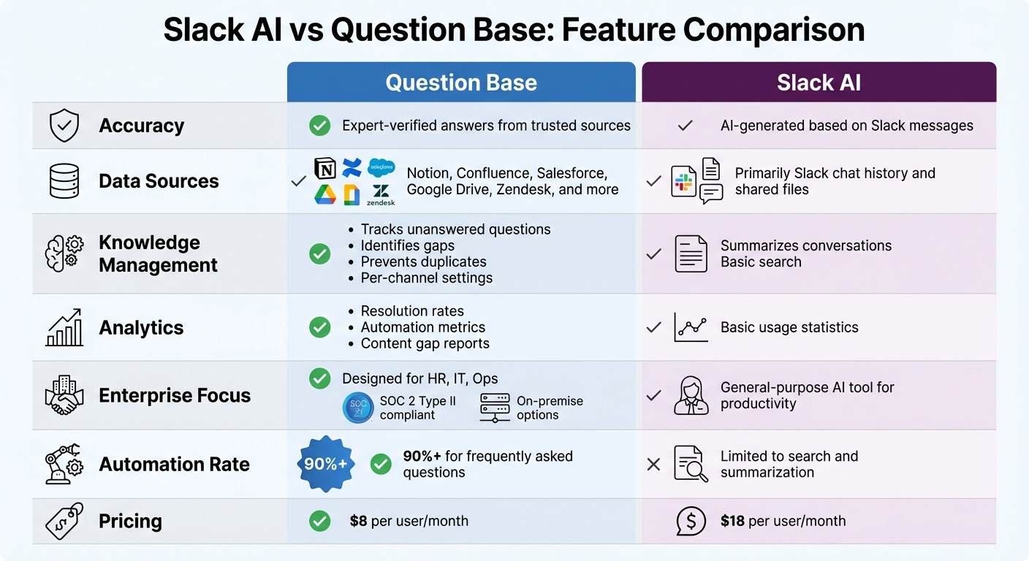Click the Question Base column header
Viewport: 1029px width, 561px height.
pyautogui.click(x=461, y=83)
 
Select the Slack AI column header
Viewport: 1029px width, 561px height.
pyautogui.click(x=819, y=83)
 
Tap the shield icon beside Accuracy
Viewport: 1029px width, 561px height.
pyautogui.click(x=64, y=126)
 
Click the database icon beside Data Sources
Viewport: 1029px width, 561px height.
pyautogui.click(x=64, y=181)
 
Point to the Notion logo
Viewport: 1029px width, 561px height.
pyautogui.click(x=325, y=168)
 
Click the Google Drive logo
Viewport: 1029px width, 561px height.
pyautogui.click(x=325, y=194)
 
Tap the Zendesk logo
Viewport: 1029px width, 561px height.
pyautogui.click(x=381, y=194)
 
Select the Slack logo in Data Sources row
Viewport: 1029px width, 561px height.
pyautogui.click(x=684, y=182)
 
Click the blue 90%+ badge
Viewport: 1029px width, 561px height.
pyautogui.click(x=325, y=464)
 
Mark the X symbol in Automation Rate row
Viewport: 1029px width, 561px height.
pyautogui.click(x=654, y=464)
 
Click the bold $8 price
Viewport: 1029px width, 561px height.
pyautogui.click(x=358, y=521)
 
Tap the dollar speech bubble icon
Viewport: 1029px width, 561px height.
pyautogui.click(x=691, y=521)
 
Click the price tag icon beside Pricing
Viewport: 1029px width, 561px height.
pyautogui.click(x=64, y=522)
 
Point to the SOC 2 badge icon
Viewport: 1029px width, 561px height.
pyautogui.click(x=358, y=408)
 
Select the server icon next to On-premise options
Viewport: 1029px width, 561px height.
pyautogui.click(x=495, y=408)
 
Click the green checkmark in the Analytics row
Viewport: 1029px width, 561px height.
pyautogui.click(x=319, y=327)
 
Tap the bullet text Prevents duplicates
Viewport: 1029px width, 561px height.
pyautogui.click(x=423, y=262)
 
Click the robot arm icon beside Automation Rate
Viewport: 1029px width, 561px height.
pyautogui.click(x=64, y=464)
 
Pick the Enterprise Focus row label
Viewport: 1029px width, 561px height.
pyautogui.click(x=175, y=395)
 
